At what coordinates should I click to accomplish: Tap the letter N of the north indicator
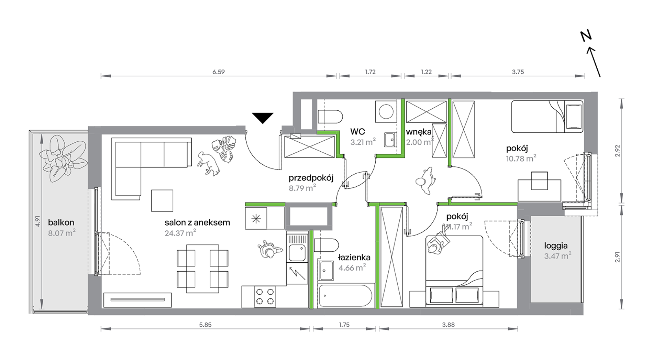point(586,35)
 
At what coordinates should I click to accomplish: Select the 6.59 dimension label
point(219,72)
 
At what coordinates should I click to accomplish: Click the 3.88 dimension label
point(448,325)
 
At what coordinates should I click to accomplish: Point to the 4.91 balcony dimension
point(37,221)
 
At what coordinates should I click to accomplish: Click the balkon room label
point(61,222)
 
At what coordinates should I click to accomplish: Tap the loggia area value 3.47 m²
point(557,256)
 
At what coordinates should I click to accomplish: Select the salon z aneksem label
point(197,222)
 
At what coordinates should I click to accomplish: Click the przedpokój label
point(311,178)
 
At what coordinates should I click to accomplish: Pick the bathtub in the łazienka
point(345,295)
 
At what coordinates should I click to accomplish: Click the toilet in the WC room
point(330,117)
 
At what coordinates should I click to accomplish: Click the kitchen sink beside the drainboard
point(297,253)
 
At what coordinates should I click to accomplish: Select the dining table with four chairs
point(202,269)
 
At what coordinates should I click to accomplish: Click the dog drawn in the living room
point(208,163)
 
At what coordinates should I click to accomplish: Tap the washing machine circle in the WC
point(386,111)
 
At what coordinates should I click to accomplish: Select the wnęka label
point(419,132)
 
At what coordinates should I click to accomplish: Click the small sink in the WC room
point(390,140)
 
